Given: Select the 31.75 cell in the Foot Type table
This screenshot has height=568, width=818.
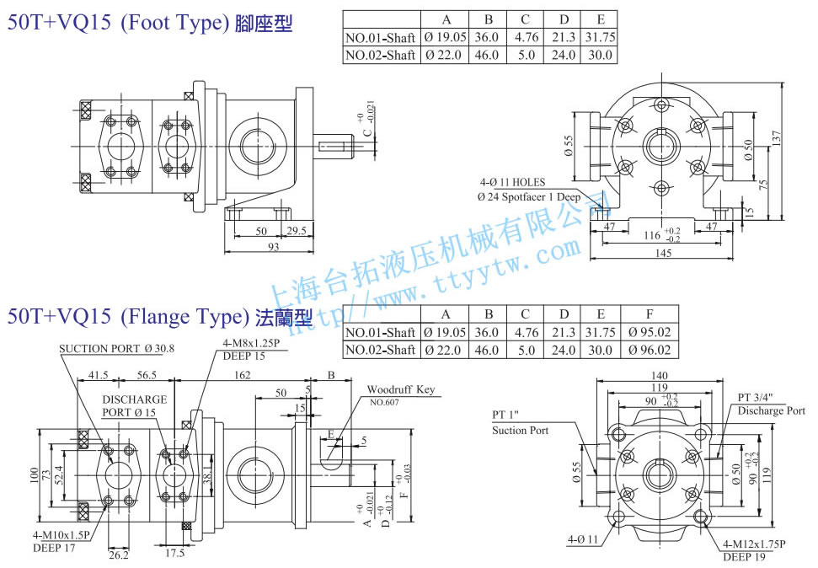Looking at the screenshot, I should [x=600, y=37].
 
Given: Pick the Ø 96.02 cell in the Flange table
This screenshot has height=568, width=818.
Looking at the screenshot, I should [x=650, y=350].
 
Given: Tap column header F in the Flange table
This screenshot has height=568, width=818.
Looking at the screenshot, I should [x=650, y=313].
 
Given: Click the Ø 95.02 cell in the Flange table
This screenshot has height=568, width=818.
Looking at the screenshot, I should [x=650, y=332].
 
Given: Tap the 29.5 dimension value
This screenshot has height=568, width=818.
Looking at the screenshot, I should [x=296, y=230].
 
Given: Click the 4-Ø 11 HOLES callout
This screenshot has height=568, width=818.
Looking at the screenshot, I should [x=512, y=182].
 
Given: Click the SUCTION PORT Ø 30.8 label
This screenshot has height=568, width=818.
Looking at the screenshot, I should [x=115, y=348].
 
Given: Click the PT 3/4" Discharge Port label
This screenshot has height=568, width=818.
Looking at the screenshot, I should [x=770, y=404].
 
